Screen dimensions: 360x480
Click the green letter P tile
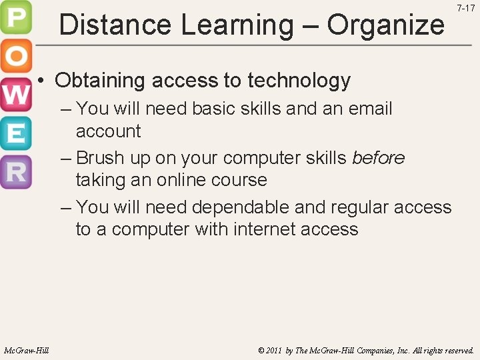tap(15, 19)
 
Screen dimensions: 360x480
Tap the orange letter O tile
tap(15, 57)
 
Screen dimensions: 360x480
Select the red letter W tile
tap(15, 95)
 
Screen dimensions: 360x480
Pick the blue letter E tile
tap(15, 133)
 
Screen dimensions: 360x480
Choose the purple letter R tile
tap(15, 171)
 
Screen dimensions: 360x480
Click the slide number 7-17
tap(465, 9)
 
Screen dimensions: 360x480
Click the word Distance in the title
tap(115, 25)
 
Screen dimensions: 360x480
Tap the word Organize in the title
tap(385, 25)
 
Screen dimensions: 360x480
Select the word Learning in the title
tap(237, 25)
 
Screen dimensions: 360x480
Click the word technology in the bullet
tap(299, 81)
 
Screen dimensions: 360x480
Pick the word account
tap(108, 131)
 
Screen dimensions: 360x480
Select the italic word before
tap(378, 157)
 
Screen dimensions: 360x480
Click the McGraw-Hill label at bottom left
tap(26, 350)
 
